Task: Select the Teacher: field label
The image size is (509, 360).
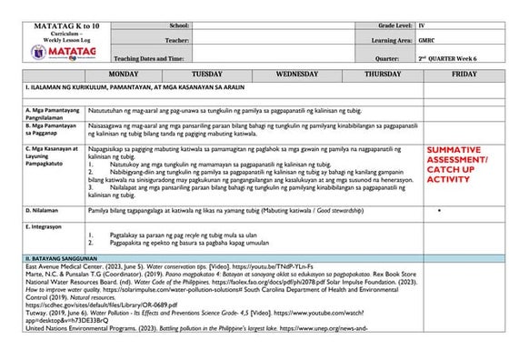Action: coord(177,41)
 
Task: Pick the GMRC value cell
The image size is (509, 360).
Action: coord(426,41)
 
